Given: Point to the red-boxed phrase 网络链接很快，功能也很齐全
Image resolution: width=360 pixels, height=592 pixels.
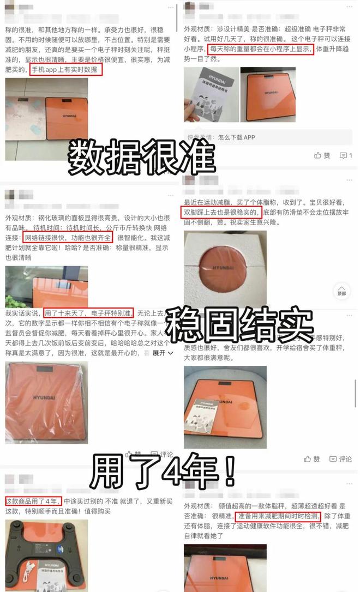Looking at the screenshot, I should (68, 238).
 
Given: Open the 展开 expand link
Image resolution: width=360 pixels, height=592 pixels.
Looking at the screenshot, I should (163, 353).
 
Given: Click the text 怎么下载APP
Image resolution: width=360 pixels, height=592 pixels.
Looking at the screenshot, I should (236, 137).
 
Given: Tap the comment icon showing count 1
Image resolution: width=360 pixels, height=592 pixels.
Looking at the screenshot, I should (346, 155).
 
